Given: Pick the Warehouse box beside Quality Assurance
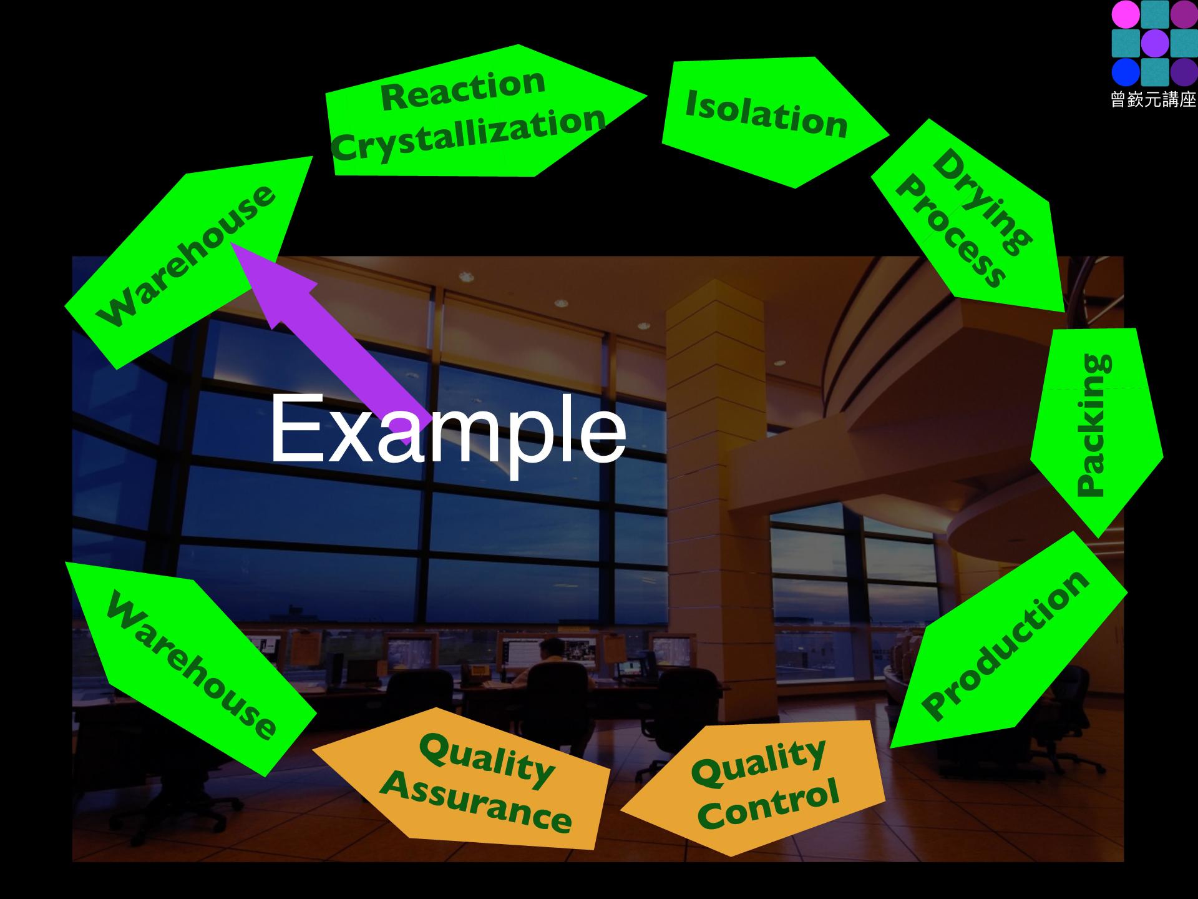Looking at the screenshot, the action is (x=190, y=668).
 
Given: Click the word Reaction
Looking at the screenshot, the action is (x=463, y=89).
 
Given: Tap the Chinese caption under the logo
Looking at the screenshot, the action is (x=1154, y=99).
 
